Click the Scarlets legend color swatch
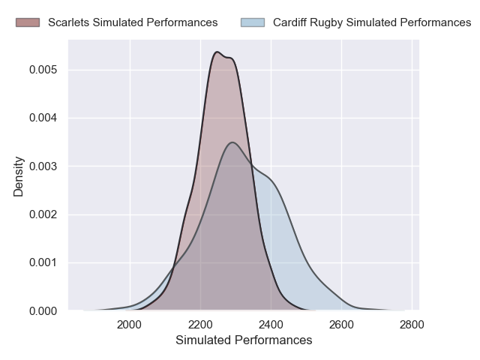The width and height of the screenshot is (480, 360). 28,22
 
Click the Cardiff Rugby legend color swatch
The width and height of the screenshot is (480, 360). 253,22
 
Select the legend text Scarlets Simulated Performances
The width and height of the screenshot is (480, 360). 133,22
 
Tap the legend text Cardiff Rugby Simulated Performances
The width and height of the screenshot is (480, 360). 372,22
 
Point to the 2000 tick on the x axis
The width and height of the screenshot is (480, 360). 130,325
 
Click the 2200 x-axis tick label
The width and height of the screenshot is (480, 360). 200,325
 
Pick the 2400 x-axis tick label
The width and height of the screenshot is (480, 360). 271,325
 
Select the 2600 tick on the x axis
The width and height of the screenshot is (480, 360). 341,325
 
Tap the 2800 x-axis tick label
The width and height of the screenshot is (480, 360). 412,325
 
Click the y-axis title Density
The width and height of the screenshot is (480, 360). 19,176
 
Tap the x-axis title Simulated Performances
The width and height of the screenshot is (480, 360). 244,340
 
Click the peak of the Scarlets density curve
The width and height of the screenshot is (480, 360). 216,52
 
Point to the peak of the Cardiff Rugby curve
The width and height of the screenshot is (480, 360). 232,142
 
